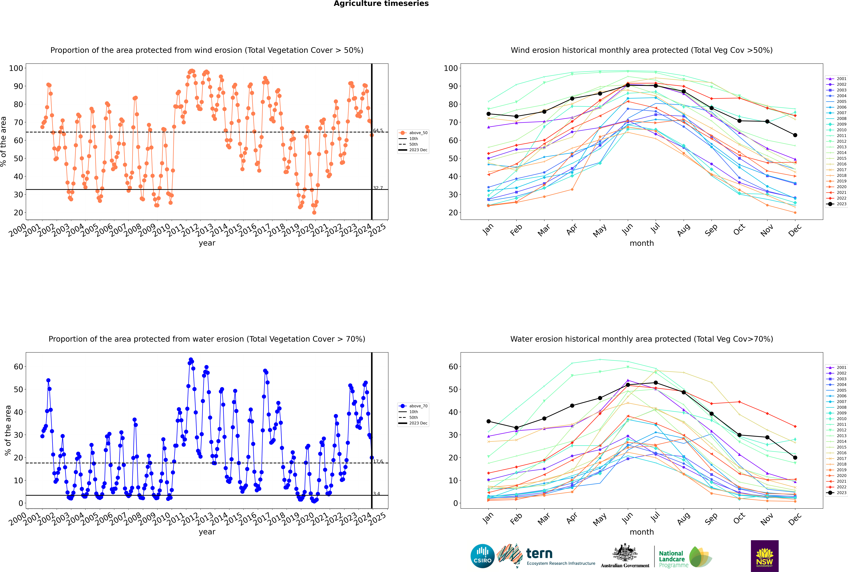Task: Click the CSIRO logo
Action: point(482,556)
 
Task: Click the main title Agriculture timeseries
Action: point(381,4)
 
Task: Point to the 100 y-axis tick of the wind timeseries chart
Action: point(16,68)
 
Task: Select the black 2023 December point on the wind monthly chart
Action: point(795,135)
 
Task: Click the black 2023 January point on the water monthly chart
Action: point(489,421)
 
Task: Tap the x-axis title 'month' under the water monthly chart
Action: point(642,532)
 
